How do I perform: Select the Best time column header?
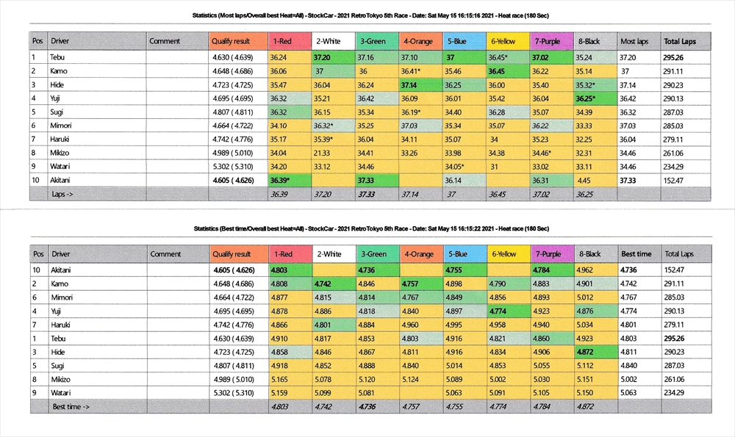[637, 254]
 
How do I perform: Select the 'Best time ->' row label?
[70, 406]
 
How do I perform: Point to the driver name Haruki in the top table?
[60, 139]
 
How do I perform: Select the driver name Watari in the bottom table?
[60, 393]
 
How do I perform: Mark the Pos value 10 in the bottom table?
[37, 270]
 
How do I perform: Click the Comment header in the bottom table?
[165, 254]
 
